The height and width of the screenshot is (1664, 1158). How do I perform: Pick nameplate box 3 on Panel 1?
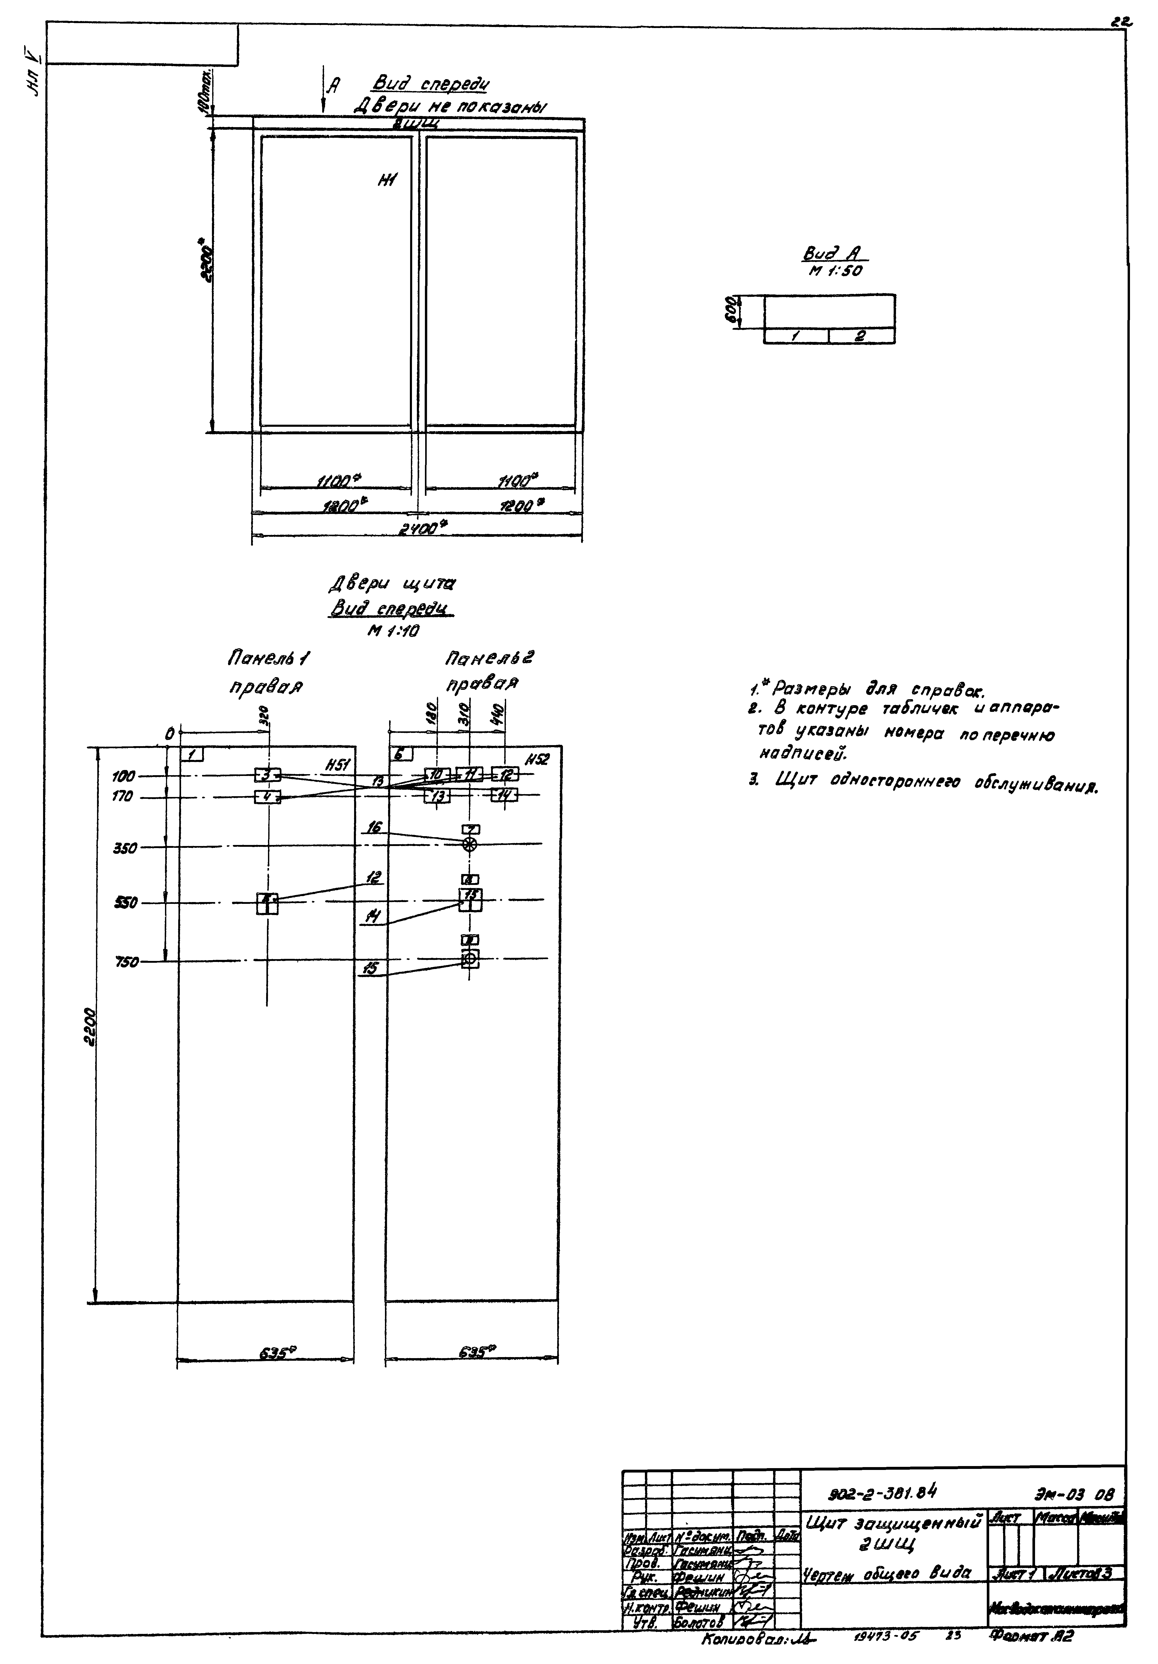click(x=267, y=775)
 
